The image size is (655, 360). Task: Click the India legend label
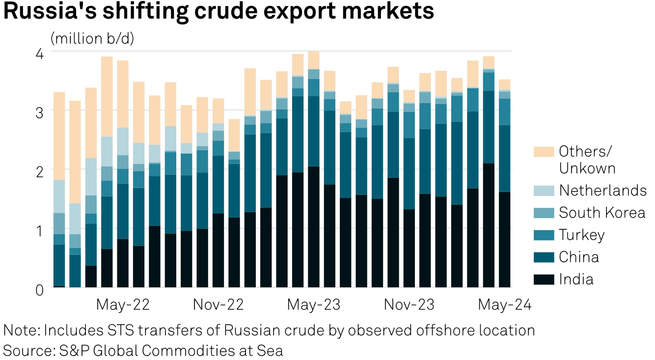[x=576, y=279]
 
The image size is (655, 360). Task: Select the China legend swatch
[x=544, y=257]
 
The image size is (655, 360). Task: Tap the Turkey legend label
[x=582, y=235]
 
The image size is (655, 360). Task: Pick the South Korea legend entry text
[x=602, y=213]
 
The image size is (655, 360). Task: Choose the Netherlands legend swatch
[x=544, y=191]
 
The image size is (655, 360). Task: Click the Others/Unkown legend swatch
[x=544, y=152]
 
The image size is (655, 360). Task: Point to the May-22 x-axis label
[x=123, y=305]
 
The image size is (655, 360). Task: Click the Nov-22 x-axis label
[x=218, y=305]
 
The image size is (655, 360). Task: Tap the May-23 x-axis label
[x=314, y=305]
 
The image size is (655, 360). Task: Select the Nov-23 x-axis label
[x=409, y=305]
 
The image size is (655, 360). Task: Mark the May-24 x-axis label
[x=505, y=305]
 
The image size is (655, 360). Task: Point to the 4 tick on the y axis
[x=40, y=53]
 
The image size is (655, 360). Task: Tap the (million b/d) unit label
[x=92, y=38]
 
